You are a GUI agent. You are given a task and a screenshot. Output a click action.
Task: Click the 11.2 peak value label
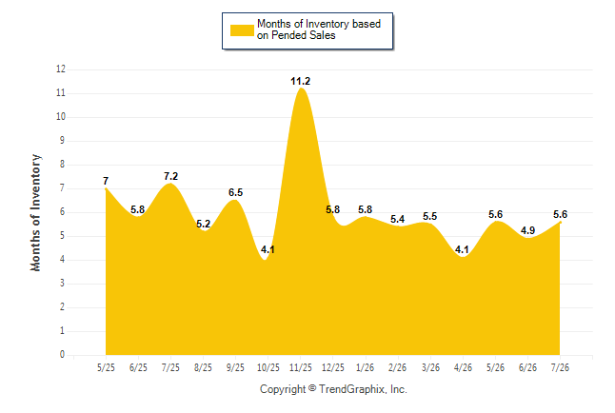click(x=300, y=81)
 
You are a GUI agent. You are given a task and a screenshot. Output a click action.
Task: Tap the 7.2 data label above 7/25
click(x=170, y=176)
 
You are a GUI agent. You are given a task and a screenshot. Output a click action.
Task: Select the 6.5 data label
click(x=235, y=192)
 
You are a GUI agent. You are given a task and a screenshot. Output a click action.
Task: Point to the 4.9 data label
click(x=527, y=230)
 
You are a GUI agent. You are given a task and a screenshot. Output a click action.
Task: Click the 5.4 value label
click(x=397, y=219)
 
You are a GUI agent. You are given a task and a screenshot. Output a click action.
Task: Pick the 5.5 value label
click(x=430, y=216)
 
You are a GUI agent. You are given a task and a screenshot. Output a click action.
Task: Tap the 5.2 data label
click(x=203, y=224)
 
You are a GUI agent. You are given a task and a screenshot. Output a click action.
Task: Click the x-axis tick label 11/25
click(x=301, y=367)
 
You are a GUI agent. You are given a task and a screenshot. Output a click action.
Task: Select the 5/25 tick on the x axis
click(x=106, y=367)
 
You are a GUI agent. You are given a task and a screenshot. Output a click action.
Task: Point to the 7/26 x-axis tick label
click(x=560, y=367)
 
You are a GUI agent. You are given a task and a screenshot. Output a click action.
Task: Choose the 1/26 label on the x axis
click(x=366, y=367)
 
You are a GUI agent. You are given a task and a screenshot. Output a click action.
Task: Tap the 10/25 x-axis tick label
click(x=268, y=367)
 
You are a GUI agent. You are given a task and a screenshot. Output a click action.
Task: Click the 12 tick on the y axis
click(x=61, y=69)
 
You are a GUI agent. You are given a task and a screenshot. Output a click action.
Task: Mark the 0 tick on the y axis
click(x=62, y=354)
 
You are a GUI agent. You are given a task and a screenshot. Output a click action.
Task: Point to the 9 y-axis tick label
click(x=62, y=141)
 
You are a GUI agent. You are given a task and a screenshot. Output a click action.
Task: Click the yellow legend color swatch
click(x=242, y=30)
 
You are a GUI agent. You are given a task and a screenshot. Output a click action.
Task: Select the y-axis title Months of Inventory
click(x=35, y=212)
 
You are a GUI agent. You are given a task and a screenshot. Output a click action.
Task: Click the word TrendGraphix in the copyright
click(x=352, y=389)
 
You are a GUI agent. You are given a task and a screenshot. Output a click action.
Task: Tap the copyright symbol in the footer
click(x=312, y=388)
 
